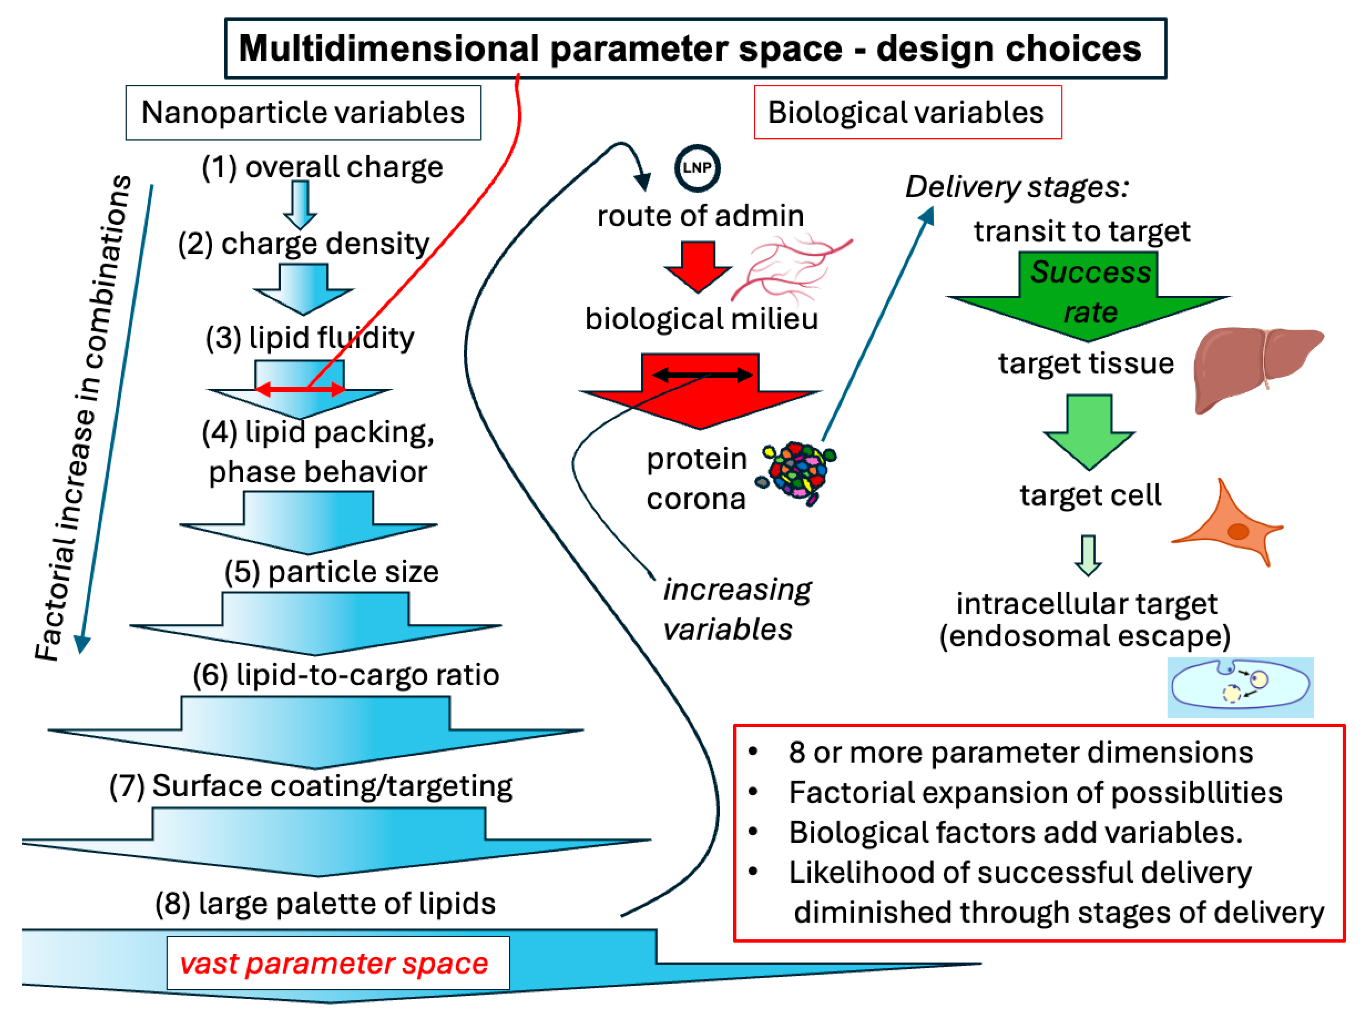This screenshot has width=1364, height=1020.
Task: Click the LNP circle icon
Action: (697, 168)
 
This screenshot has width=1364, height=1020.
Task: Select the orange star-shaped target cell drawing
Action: (1230, 525)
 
